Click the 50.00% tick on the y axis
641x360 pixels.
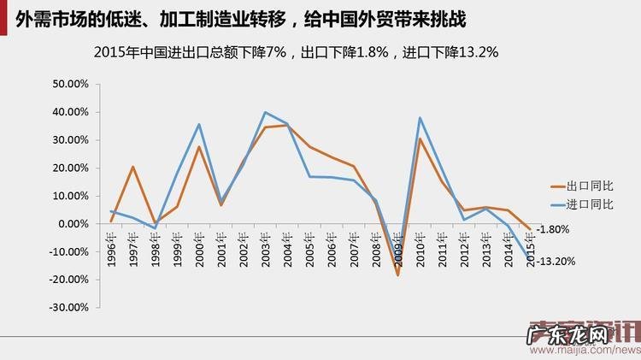click(71, 85)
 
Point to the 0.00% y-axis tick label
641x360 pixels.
click(74, 224)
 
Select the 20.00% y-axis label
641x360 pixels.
click(71, 168)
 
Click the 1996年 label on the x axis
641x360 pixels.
click(111, 250)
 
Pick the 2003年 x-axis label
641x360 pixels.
click(265, 250)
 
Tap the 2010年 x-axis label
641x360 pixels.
click(420, 250)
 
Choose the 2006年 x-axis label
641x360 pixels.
click(332, 250)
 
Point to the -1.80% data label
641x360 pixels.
click(553, 229)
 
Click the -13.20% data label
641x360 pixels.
click(556, 261)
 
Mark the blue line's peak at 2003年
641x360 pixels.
click(265, 112)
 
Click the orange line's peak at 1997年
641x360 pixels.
click(133, 167)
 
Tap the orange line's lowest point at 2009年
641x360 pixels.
click(397, 274)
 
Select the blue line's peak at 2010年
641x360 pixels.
click(420, 118)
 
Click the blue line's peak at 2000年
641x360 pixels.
click(199, 124)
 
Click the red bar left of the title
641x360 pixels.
click(5, 16)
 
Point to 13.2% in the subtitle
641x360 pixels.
click(479, 52)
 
